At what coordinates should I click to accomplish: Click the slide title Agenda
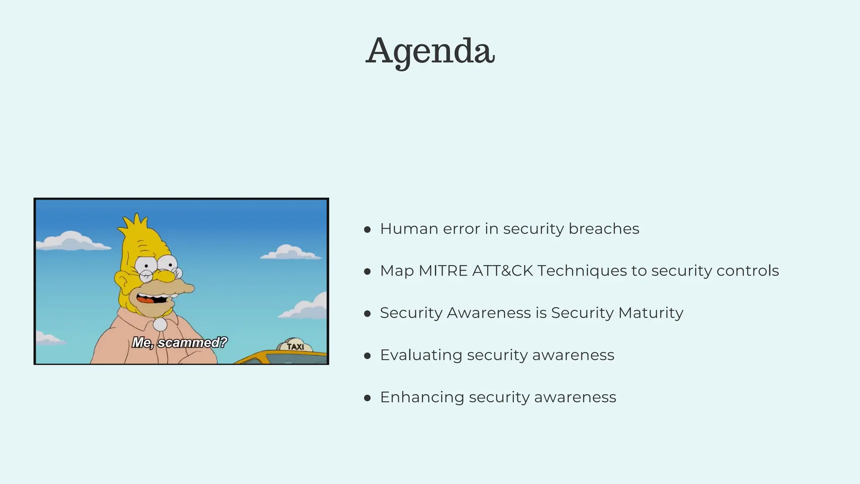point(430,51)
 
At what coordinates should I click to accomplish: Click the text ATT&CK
point(502,271)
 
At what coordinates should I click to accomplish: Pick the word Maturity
point(650,313)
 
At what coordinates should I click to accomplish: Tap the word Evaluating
point(421,355)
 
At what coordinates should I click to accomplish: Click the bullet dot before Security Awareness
point(367,314)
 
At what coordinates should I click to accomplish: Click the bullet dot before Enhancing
point(367,398)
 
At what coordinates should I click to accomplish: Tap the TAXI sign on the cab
point(295,347)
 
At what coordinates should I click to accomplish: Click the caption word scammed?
point(192,342)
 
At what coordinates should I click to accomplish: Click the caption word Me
point(142,342)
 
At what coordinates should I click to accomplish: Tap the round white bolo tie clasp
point(160,324)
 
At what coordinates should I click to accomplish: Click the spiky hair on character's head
point(135,225)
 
